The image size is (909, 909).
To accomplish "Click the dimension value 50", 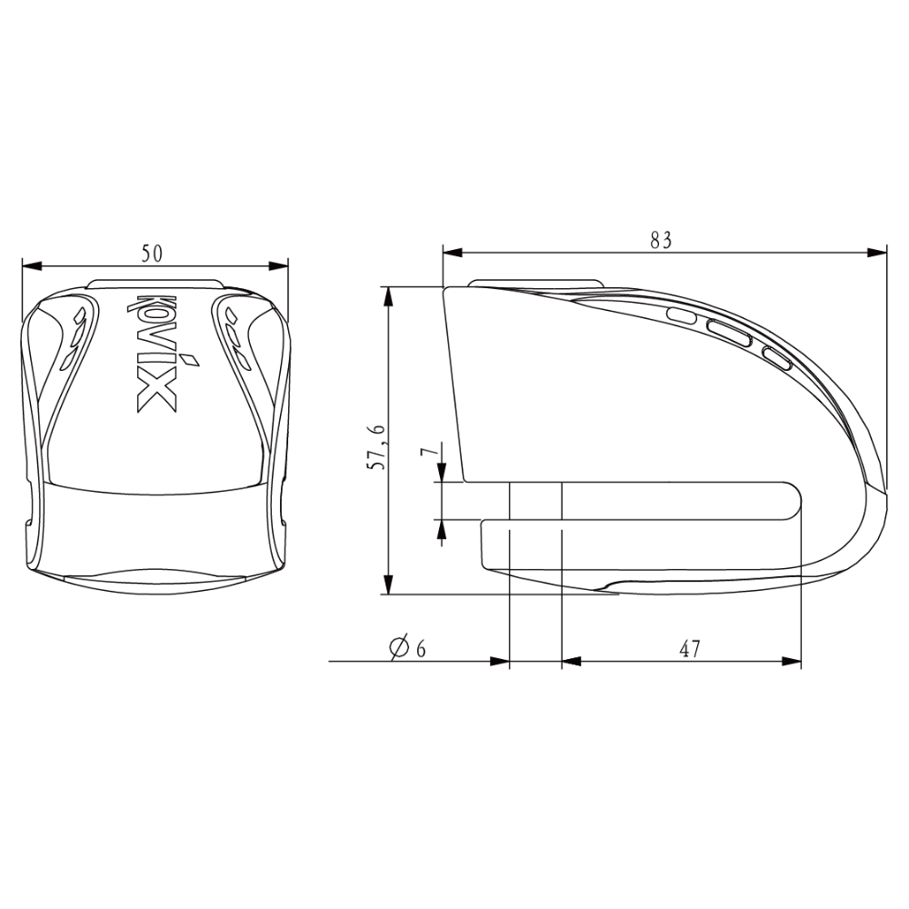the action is click(x=152, y=254).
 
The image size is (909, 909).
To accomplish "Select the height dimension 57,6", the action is click(x=377, y=446).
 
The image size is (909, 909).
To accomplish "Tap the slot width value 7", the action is click(x=428, y=452).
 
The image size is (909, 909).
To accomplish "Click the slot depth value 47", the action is click(x=689, y=649).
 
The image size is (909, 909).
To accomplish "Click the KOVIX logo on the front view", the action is click(x=155, y=354).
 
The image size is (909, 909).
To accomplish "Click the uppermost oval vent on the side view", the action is click(x=682, y=316).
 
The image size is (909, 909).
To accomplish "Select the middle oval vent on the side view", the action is click(x=728, y=334).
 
